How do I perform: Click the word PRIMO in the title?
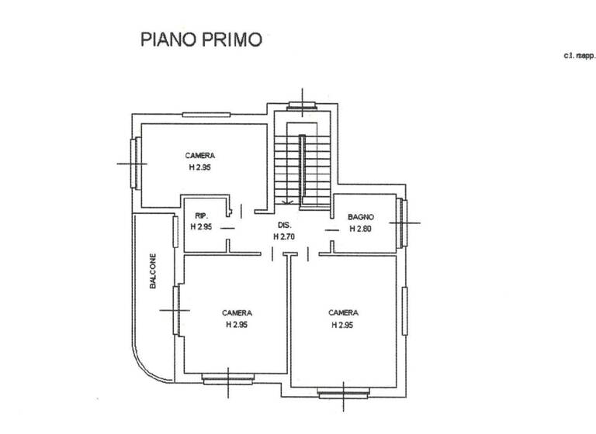[234, 39]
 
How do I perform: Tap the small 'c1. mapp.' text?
[579, 56]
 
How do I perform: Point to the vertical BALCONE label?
[154, 272]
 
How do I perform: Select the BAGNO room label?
[361, 218]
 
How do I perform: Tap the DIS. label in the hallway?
[284, 226]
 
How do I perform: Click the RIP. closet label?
[200, 215]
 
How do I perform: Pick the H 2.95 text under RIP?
[201, 226]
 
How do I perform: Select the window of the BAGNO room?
[403, 222]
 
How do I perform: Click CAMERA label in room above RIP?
[199, 156]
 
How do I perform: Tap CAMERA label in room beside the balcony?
[237, 313]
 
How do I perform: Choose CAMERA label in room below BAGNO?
[343, 312]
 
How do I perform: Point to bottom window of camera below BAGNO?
[344, 393]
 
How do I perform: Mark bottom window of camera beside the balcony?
[227, 379]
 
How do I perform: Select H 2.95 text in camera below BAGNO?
[342, 325]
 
